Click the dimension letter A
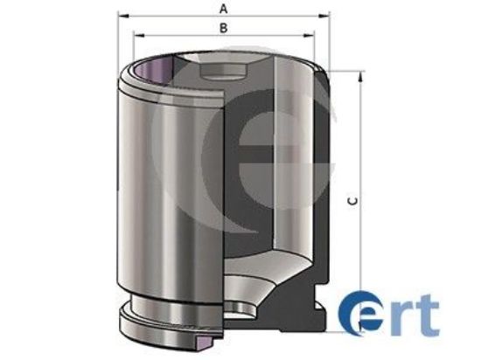click(x=224, y=7)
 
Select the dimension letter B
click(x=224, y=27)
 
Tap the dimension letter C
click(x=351, y=201)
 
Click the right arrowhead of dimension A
click(x=331, y=17)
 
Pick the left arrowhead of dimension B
click(x=135, y=37)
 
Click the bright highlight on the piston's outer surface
click(x=154, y=192)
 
